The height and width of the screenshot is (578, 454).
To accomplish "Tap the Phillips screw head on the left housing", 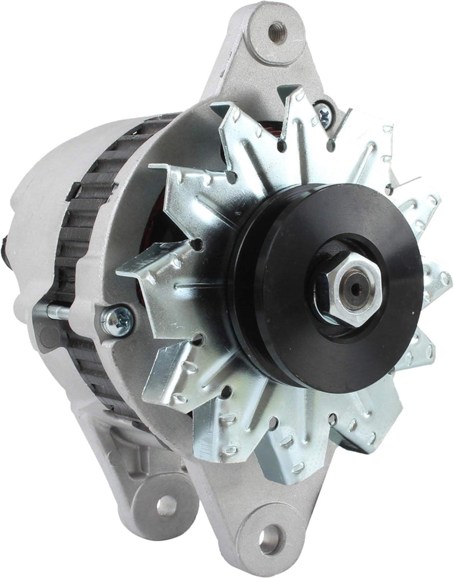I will point(116,318).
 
